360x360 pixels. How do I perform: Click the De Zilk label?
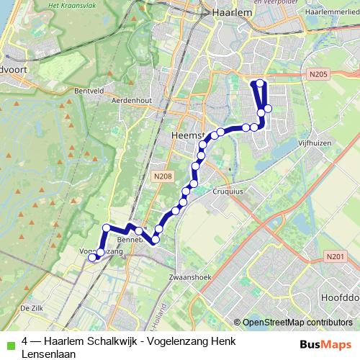pyautogui.click(x=33, y=307)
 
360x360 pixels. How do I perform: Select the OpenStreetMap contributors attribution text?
pyautogui.click(x=297, y=323)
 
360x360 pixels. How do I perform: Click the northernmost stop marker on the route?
pyautogui.click(x=260, y=84)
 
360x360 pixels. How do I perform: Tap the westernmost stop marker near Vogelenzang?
pyautogui.click(x=91, y=257)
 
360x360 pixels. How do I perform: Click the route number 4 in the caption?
pyautogui.click(x=25, y=342)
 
